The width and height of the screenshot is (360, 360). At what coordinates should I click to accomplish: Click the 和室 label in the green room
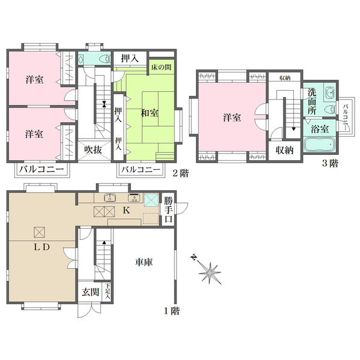pos(150,113)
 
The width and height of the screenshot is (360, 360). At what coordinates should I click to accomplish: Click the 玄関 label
pos(91,292)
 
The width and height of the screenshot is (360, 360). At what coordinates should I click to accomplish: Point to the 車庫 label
pos(143,262)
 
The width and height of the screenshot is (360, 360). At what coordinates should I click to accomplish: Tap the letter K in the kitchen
pos(127,211)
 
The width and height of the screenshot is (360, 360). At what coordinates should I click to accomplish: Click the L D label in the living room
pos(41,247)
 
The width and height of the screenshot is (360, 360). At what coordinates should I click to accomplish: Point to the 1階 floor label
pos(171,311)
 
